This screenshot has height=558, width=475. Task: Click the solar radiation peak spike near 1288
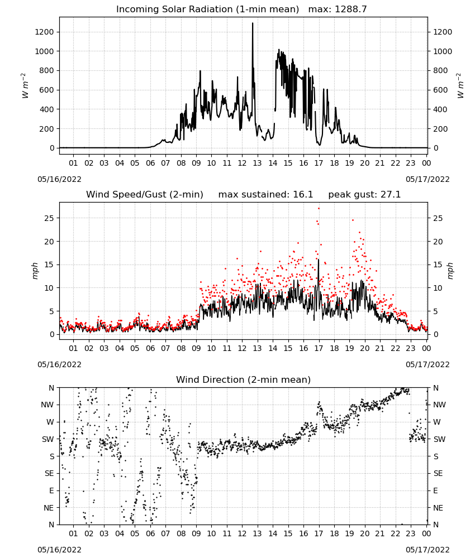(x=253, y=23)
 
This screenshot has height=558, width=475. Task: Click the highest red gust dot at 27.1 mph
(x=319, y=209)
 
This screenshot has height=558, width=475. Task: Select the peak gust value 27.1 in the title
(x=391, y=195)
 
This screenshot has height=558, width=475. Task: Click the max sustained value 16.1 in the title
(x=303, y=195)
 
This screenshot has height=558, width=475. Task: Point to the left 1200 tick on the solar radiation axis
(x=44, y=32)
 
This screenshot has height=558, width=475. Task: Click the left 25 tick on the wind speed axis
(x=49, y=218)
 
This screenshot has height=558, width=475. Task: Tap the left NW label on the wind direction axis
(x=47, y=405)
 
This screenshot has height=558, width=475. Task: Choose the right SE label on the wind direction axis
(x=438, y=474)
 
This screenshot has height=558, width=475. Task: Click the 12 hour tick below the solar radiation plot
(x=242, y=163)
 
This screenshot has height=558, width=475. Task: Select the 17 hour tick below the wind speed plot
(x=319, y=348)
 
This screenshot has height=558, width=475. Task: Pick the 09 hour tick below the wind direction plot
(x=196, y=534)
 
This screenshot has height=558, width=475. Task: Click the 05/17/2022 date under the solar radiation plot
(x=427, y=179)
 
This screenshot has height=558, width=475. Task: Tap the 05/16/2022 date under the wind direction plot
(x=59, y=550)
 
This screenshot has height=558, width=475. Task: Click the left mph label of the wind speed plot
(x=35, y=271)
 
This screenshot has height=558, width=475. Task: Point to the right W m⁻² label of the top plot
(x=460, y=86)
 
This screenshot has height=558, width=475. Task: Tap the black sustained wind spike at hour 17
(x=319, y=260)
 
